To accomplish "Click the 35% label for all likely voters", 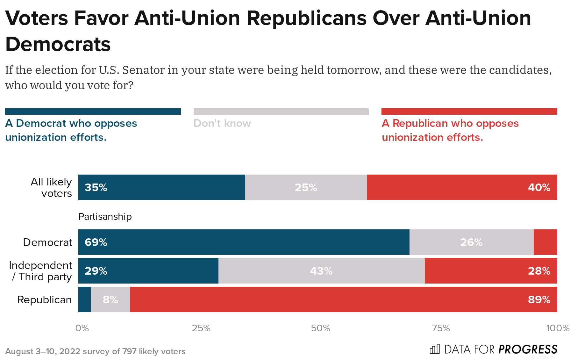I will (96, 187).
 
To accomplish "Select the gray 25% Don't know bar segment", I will (306, 187).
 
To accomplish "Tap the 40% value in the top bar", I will (539, 187).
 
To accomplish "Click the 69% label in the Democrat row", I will (96, 242).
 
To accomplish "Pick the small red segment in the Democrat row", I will (545, 242).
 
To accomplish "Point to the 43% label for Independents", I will (321, 271).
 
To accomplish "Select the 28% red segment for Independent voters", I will (490, 271).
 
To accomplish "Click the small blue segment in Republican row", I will (85, 299).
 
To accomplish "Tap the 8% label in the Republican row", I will (110, 299).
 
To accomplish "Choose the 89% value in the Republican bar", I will (539, 299).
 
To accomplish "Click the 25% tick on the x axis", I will (201, 328).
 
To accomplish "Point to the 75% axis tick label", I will (441, 328).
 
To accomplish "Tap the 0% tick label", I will (82, 328).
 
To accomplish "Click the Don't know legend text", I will (222, 123).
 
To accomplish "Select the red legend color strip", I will (469, 112).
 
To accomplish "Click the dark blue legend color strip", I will (93, 112).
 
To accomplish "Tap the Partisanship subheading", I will (105, 217).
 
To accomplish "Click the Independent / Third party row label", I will (40, 271).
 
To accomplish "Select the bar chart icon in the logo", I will (435, 349).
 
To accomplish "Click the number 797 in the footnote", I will (129, 351).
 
